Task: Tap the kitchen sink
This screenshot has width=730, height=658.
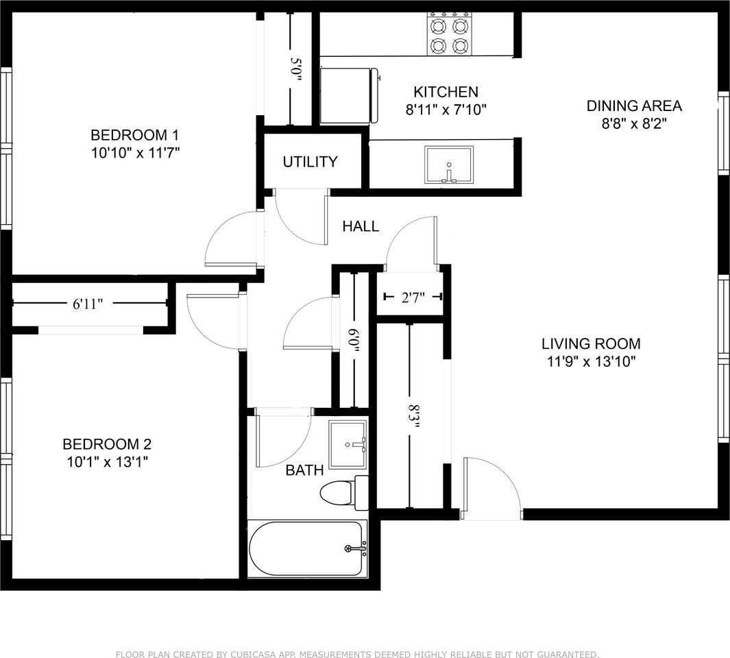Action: coord(449,165)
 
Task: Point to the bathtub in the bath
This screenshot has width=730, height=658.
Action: coord(308,549)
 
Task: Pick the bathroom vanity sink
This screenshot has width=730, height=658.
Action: coord(348,444)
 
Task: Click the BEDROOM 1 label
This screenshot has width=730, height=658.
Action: coord(130,134)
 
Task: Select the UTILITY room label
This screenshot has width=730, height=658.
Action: coord(310,162)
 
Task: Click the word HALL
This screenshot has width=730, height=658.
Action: coord(361,226)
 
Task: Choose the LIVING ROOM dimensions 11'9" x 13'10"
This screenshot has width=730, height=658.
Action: coord(591,362)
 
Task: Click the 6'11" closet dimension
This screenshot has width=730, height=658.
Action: coord(88,304)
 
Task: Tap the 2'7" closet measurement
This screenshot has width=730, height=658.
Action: coord(413,297)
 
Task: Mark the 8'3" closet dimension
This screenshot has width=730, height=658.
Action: coord(414,416)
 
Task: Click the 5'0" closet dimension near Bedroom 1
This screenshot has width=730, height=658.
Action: coord(296,70)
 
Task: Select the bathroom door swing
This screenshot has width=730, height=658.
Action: coord(281,439)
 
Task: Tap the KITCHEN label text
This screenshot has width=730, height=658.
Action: coord(446,92)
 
